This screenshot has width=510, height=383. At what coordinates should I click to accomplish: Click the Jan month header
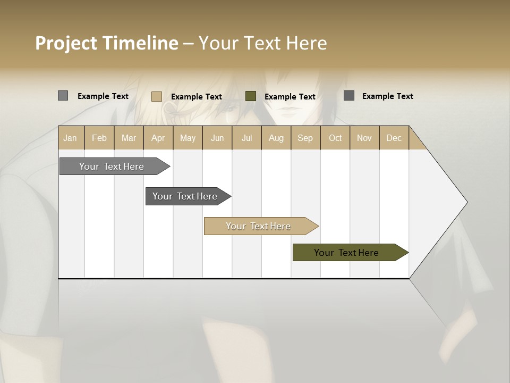[71, 138]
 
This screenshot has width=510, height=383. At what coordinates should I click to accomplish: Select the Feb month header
[99, 138]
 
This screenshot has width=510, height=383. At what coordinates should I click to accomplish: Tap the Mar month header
[129, 138]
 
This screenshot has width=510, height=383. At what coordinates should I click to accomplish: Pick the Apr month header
[158, 138]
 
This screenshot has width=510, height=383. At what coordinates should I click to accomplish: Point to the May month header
[188, 138]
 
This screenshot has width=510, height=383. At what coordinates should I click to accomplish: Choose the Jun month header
[217, 138]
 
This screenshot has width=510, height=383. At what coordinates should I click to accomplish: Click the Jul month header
[246, 138]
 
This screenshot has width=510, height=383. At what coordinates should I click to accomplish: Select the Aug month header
[276, 138]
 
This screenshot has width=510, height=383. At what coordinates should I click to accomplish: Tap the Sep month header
[305, 138]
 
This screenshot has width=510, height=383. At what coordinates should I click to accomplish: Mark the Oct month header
[335, 138]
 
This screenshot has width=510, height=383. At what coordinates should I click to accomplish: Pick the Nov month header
[364, 138]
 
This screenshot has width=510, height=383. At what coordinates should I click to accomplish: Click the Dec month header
[394, 138]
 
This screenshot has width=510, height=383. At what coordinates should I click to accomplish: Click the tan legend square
[157, 96]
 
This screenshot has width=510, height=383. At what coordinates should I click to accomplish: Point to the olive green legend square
[251, 96]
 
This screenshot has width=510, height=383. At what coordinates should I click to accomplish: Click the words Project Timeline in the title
[107, 43]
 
